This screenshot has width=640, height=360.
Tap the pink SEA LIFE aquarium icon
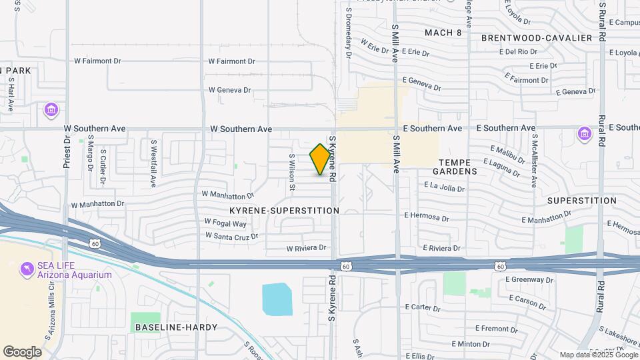[x=27, y=268]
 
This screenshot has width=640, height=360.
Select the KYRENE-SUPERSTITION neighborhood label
[x=284, y=211]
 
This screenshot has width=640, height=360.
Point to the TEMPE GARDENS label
[x=458, y=167]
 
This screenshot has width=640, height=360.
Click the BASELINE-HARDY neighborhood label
[x=176, y=327]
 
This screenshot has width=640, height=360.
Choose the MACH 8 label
[x=443, y=32]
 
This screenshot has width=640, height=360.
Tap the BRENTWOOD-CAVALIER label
[x=536, y=38]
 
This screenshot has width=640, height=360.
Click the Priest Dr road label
[x=67, y=153]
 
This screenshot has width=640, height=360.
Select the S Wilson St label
[x=291, y=173]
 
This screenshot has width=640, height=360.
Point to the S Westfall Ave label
[x=153, y=163]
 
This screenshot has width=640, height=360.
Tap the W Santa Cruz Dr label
[x=231, y=236]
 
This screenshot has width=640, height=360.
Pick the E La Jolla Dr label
[x=443, y=187]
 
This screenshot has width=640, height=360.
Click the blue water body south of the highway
[x=277, y=299]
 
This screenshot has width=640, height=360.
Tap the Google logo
[x=23, y=351]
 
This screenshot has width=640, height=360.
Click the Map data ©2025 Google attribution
[x=597, y=355]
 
